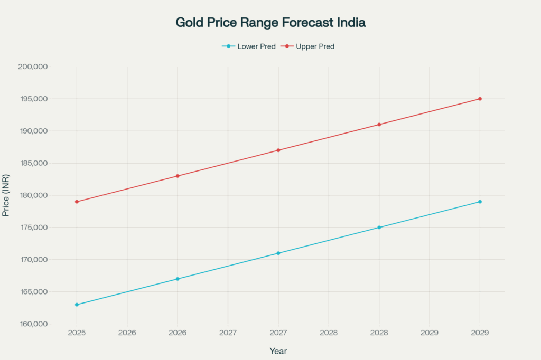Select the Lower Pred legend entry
[249, 46]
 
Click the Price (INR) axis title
[6, 195]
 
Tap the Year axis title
[278, 351]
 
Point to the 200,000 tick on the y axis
[33, 67]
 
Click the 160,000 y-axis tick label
[33, 324]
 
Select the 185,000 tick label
[33, 163]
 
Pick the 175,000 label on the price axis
[33, 228]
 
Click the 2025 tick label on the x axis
[77, 334]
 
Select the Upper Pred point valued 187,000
[278, 150]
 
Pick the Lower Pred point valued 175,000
[379, 228]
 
